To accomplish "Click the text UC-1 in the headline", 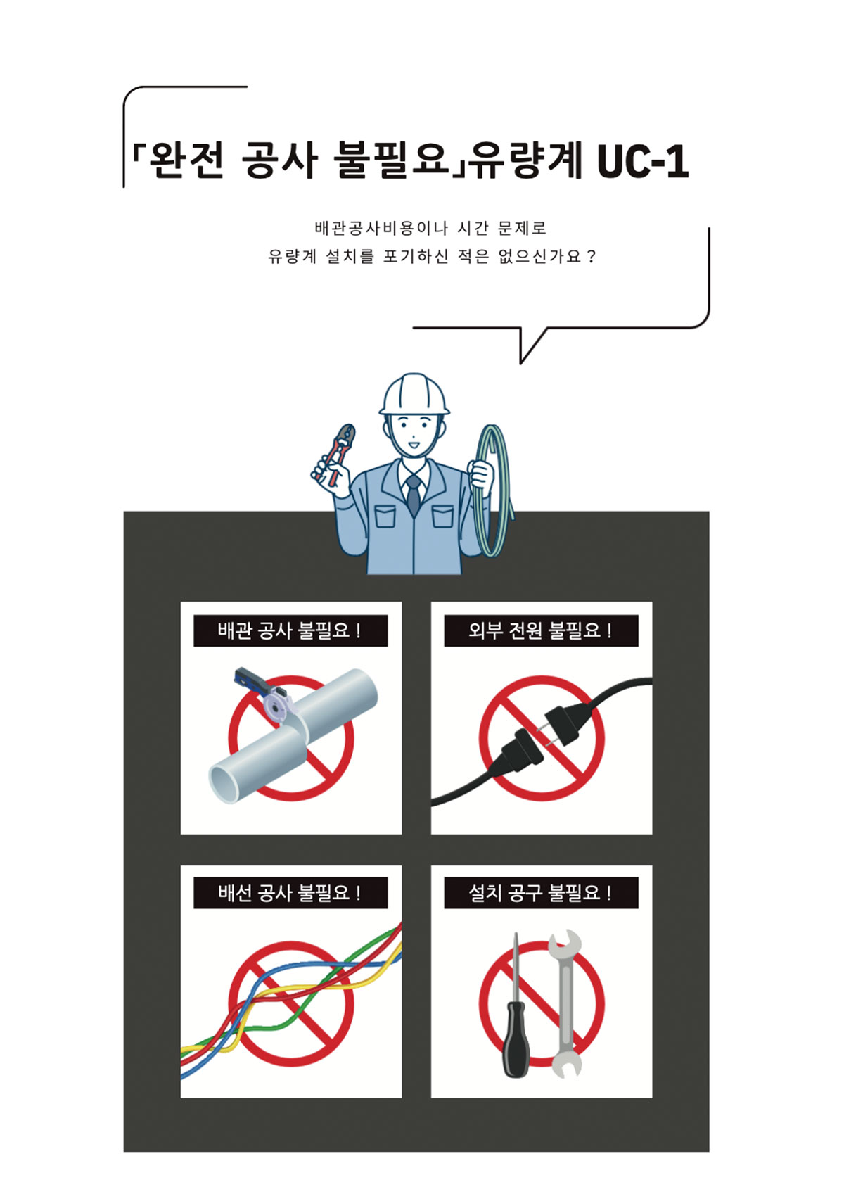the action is pyautogui.click(x=643, y=161).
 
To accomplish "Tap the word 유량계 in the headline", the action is pyautogui.click(x=527, y=160).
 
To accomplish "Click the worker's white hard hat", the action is pyautogui.click(x=414, y=394).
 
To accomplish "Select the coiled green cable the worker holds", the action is pyautogui.click(x=492, y=490).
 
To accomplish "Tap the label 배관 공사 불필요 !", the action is pyautogui.click(x=290, y=630).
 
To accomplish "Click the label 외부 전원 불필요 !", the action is pyautogui.click(x=541, y=630).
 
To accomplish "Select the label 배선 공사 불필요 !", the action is pyautogui.click(x=290, y=892).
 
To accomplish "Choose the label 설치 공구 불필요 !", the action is pyautogui.click(x=541, y=892).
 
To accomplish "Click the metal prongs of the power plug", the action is pyautogui.click(x=545, y=733).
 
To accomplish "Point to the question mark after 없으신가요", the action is pyautogui.click(x=591, y=256).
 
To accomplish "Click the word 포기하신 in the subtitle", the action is pyautogui.click(x=415, y=256).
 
